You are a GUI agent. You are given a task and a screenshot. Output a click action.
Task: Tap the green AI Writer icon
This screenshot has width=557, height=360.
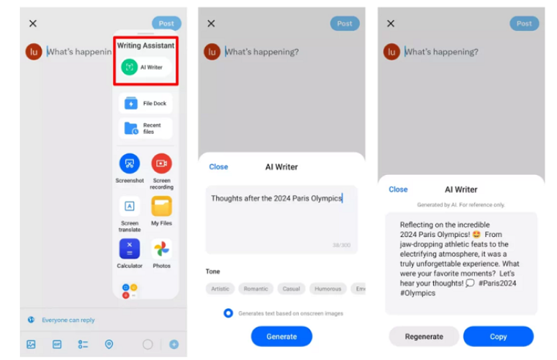click(x=130, y=67)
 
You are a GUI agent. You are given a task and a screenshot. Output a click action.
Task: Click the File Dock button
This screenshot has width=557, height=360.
click(x=145, y=104)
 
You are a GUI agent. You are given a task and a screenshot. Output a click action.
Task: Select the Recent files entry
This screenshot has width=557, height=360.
click(x=145, y=128)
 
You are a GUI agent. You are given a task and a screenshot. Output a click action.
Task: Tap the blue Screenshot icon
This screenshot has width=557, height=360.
click(x=130, y=163)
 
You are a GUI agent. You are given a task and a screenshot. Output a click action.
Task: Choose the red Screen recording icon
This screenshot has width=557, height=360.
click(x=161, y=163)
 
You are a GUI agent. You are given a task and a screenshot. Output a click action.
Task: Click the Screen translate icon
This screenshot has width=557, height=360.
click(x=130, y=206)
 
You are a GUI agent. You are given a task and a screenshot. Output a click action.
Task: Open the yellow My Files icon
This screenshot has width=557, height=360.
click(x=161, y=206)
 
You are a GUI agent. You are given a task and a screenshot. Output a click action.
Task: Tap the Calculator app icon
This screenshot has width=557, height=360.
click(x=130, y=248)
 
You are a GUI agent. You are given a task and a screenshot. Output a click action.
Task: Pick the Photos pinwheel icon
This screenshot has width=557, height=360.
click(x=161, y=248)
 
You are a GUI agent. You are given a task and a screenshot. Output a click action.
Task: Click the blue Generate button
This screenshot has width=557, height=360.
click(x=281, y=336)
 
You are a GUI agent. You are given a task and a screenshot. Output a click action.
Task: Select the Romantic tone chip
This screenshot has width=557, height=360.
click(x=255, y=289)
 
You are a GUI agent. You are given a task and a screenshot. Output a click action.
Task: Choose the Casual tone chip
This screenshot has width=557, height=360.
click(x=291, y=289)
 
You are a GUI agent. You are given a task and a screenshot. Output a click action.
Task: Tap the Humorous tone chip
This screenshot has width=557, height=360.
click(x=327, y=289)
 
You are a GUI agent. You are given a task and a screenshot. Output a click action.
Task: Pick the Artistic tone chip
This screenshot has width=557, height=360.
click(x=219, y=289)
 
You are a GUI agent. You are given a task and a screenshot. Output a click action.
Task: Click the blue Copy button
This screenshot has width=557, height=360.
click(x=498, y=336)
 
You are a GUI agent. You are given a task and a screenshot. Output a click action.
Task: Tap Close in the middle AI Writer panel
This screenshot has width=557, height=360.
click(x=218, y=167)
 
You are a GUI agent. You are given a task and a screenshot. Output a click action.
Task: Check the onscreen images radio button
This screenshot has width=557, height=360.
click(x=228, y=313)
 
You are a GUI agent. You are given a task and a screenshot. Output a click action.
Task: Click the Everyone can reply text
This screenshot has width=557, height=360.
click(x=68, y=320)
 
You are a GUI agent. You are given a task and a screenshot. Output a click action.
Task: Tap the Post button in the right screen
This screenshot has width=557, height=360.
click(x=524, y=23)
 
